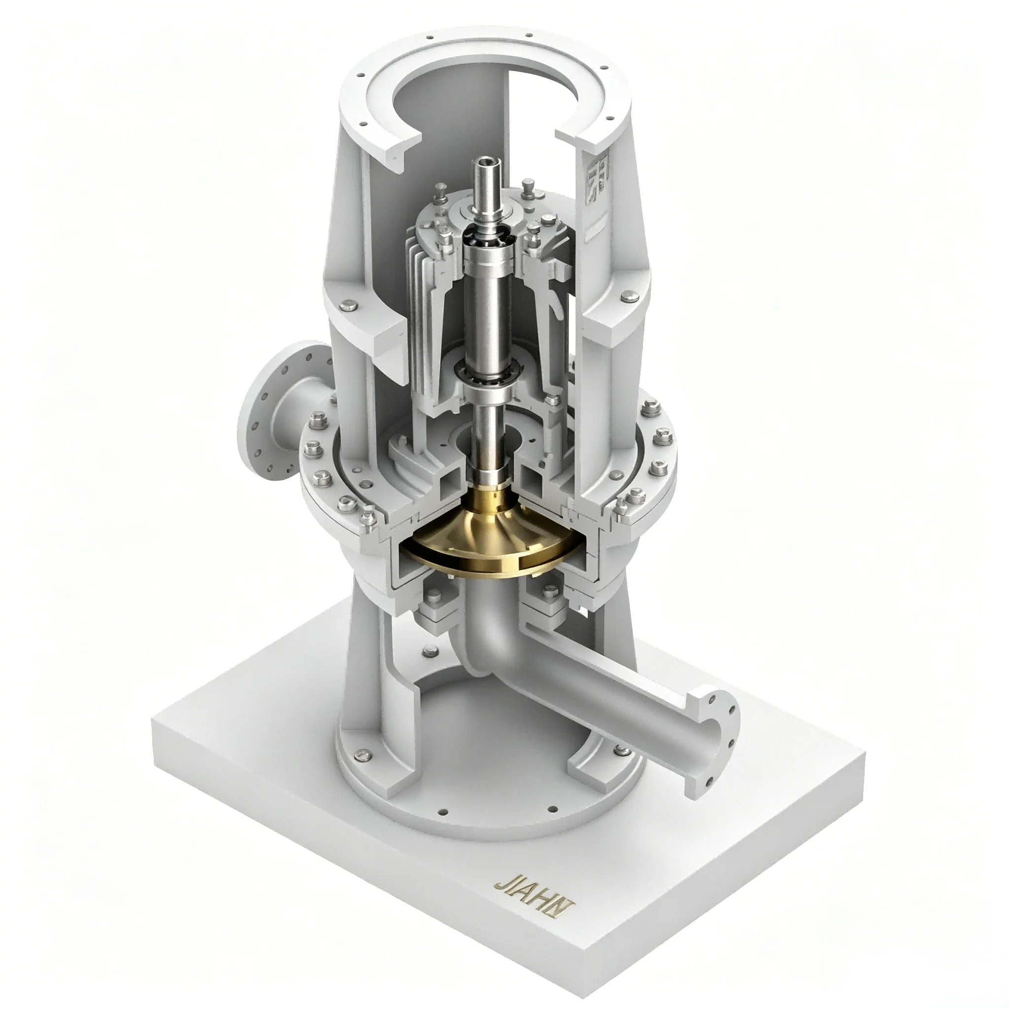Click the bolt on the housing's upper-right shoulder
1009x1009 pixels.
tap(627, 298)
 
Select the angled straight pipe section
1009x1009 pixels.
tap(616, 695)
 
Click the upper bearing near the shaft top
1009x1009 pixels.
tap(481, 233)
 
